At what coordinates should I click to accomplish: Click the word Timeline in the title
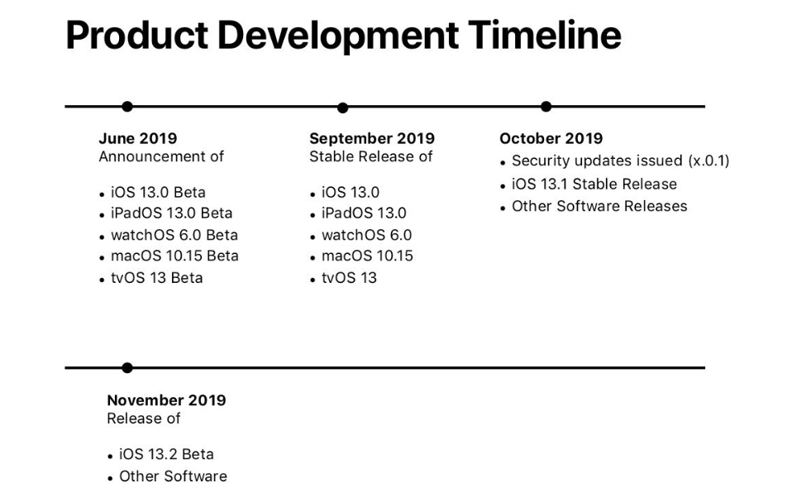pos(545,36)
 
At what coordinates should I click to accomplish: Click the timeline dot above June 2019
pos(127,107)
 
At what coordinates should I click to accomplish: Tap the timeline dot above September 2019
pos(342,108)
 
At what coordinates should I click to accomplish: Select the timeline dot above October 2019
pos(546,107)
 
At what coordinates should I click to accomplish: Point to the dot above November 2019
pos(127,368)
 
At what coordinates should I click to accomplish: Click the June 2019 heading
pos(138,138)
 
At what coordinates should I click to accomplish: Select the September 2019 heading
pos(372,138)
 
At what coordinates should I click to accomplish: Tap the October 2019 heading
pos(551,138)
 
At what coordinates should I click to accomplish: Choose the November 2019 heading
pos(166,400)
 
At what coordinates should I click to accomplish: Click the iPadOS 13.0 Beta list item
pos(172,213)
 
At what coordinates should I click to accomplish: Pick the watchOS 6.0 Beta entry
pos(174,236)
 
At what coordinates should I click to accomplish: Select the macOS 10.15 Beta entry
pos(174,256)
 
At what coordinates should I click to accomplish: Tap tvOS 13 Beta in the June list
pos(156,278)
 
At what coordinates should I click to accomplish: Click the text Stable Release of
pos(370,156)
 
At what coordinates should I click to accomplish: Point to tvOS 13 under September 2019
pos(349,278)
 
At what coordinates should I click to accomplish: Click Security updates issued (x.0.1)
pos(620,160)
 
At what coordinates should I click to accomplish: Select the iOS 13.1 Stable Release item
pos(594,184)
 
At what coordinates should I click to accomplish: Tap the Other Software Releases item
pos(599,206)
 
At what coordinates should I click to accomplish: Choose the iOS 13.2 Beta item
pos(166,454)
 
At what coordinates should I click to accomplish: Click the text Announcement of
pos(161,156)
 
